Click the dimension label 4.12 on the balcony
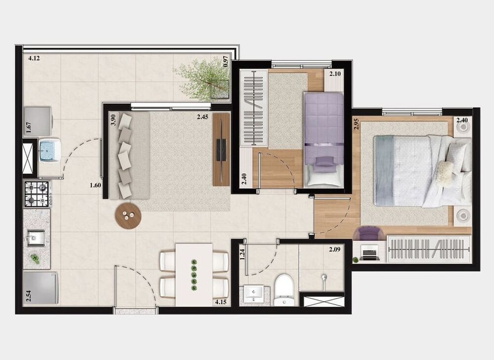[34, 58]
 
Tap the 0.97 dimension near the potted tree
[226, 61]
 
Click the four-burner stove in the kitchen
[37, 193]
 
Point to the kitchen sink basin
[36, 238]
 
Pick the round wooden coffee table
[128, 215]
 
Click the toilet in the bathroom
[284, 290]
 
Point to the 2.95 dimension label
[356, 123]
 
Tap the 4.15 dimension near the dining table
[220, 301]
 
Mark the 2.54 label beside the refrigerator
[28, 297]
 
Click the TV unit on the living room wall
[222, 149]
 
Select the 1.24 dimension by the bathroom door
[242, 254]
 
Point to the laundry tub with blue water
[49, 150]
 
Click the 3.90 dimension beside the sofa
[113, 120]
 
